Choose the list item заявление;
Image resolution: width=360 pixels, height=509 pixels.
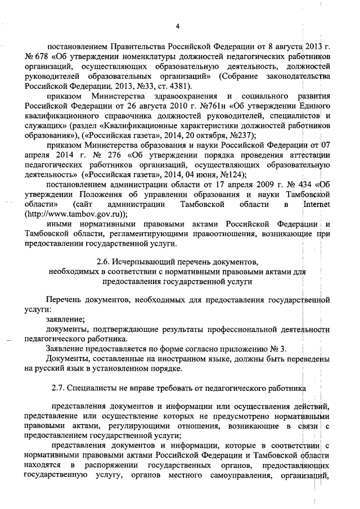[x=66, y=319]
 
